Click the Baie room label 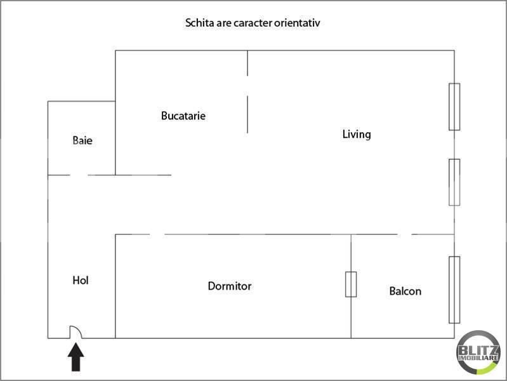point(82,140)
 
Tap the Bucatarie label point(183,116)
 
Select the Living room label point(357,134)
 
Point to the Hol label point(81,280)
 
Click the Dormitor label point(230,286)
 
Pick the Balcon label point(405,291)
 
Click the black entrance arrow point(76,357)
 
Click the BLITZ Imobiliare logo point(478,352)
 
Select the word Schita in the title point(199,23)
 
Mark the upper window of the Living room point(454,107)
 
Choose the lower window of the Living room point(454,182)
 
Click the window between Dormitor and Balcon point(351,284)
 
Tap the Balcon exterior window point(454,290)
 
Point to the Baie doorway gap point(79,175)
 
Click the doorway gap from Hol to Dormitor point(157,234)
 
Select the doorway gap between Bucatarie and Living point(247,86)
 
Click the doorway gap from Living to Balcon point(404,234)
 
